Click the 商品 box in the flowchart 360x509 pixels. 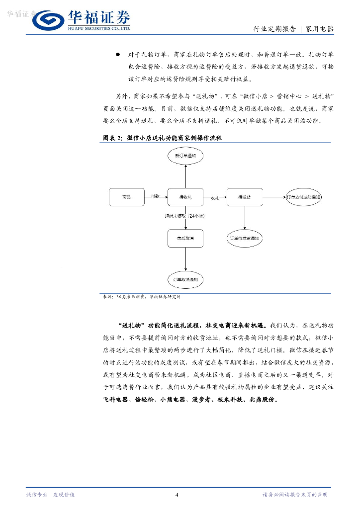pyautogui.click(x=126, y=197)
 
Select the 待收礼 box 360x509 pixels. pyautogui.click(x=185, y=197)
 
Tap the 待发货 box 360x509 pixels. pyautogui.click(x=244, y=197)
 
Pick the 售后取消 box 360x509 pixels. pyautogui.click(x=185, y=239)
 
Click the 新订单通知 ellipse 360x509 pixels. pyautogui.click(x=185, y=156)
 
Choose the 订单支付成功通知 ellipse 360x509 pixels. pyautogui.click(x=304, y=197)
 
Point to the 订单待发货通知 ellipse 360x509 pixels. pyautogui.click(x=244, y=239)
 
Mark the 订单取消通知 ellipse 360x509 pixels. pyautogui.click(x=185, y=280)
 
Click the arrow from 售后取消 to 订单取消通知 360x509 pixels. pyautogui.click(x=185, y=259)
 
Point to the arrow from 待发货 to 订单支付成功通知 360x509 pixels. pyautogui.click(x=274, y=197)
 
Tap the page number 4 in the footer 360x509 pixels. pyautogui.click(x=177, y=495)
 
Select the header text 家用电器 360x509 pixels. pyautogui.click(x=319, y=29)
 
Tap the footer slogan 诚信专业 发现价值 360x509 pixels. pyautogui.click(x=50, y=495)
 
